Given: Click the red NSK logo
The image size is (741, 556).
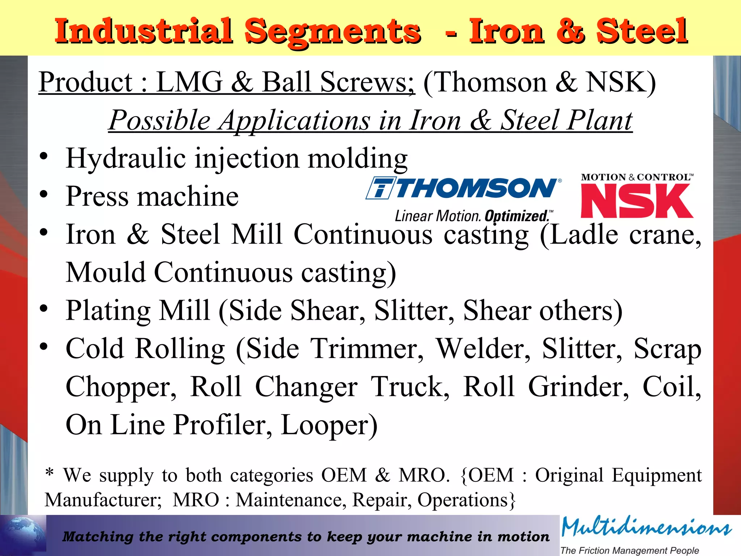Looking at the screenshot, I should click(x=637, y=201).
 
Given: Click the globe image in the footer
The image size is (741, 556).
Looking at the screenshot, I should click(x=24, y=535).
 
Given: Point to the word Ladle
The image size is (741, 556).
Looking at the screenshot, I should click(x=584, y=235).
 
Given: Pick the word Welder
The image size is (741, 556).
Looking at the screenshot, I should click(x=483, y=349).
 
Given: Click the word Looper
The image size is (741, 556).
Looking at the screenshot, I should click(x=329, y=425).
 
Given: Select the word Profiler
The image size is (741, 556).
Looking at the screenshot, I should click(x=223, y=425).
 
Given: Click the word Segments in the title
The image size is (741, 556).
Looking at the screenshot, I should click(x=333, y=32).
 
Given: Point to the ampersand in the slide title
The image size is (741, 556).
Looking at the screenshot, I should click(x=570, y=32).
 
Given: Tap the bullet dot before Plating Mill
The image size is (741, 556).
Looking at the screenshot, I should click(x=44, y=309).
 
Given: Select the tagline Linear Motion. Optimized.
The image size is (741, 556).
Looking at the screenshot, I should click(x=474, y=216).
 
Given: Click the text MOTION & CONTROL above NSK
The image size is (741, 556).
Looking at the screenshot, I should click(x=637, y=177).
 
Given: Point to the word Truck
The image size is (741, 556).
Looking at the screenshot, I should click(x=411, y=387).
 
